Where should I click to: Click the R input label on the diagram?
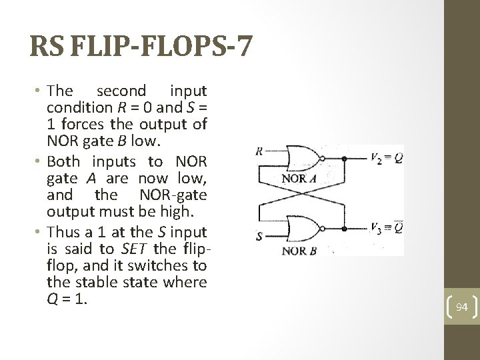click(x=259, y=151)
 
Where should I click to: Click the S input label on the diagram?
click(x=259, y=236)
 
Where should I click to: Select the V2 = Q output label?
click(x=386, y=159)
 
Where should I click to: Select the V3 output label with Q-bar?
click(x=386, y=229)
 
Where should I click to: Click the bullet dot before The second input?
click(x=41, y=91)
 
